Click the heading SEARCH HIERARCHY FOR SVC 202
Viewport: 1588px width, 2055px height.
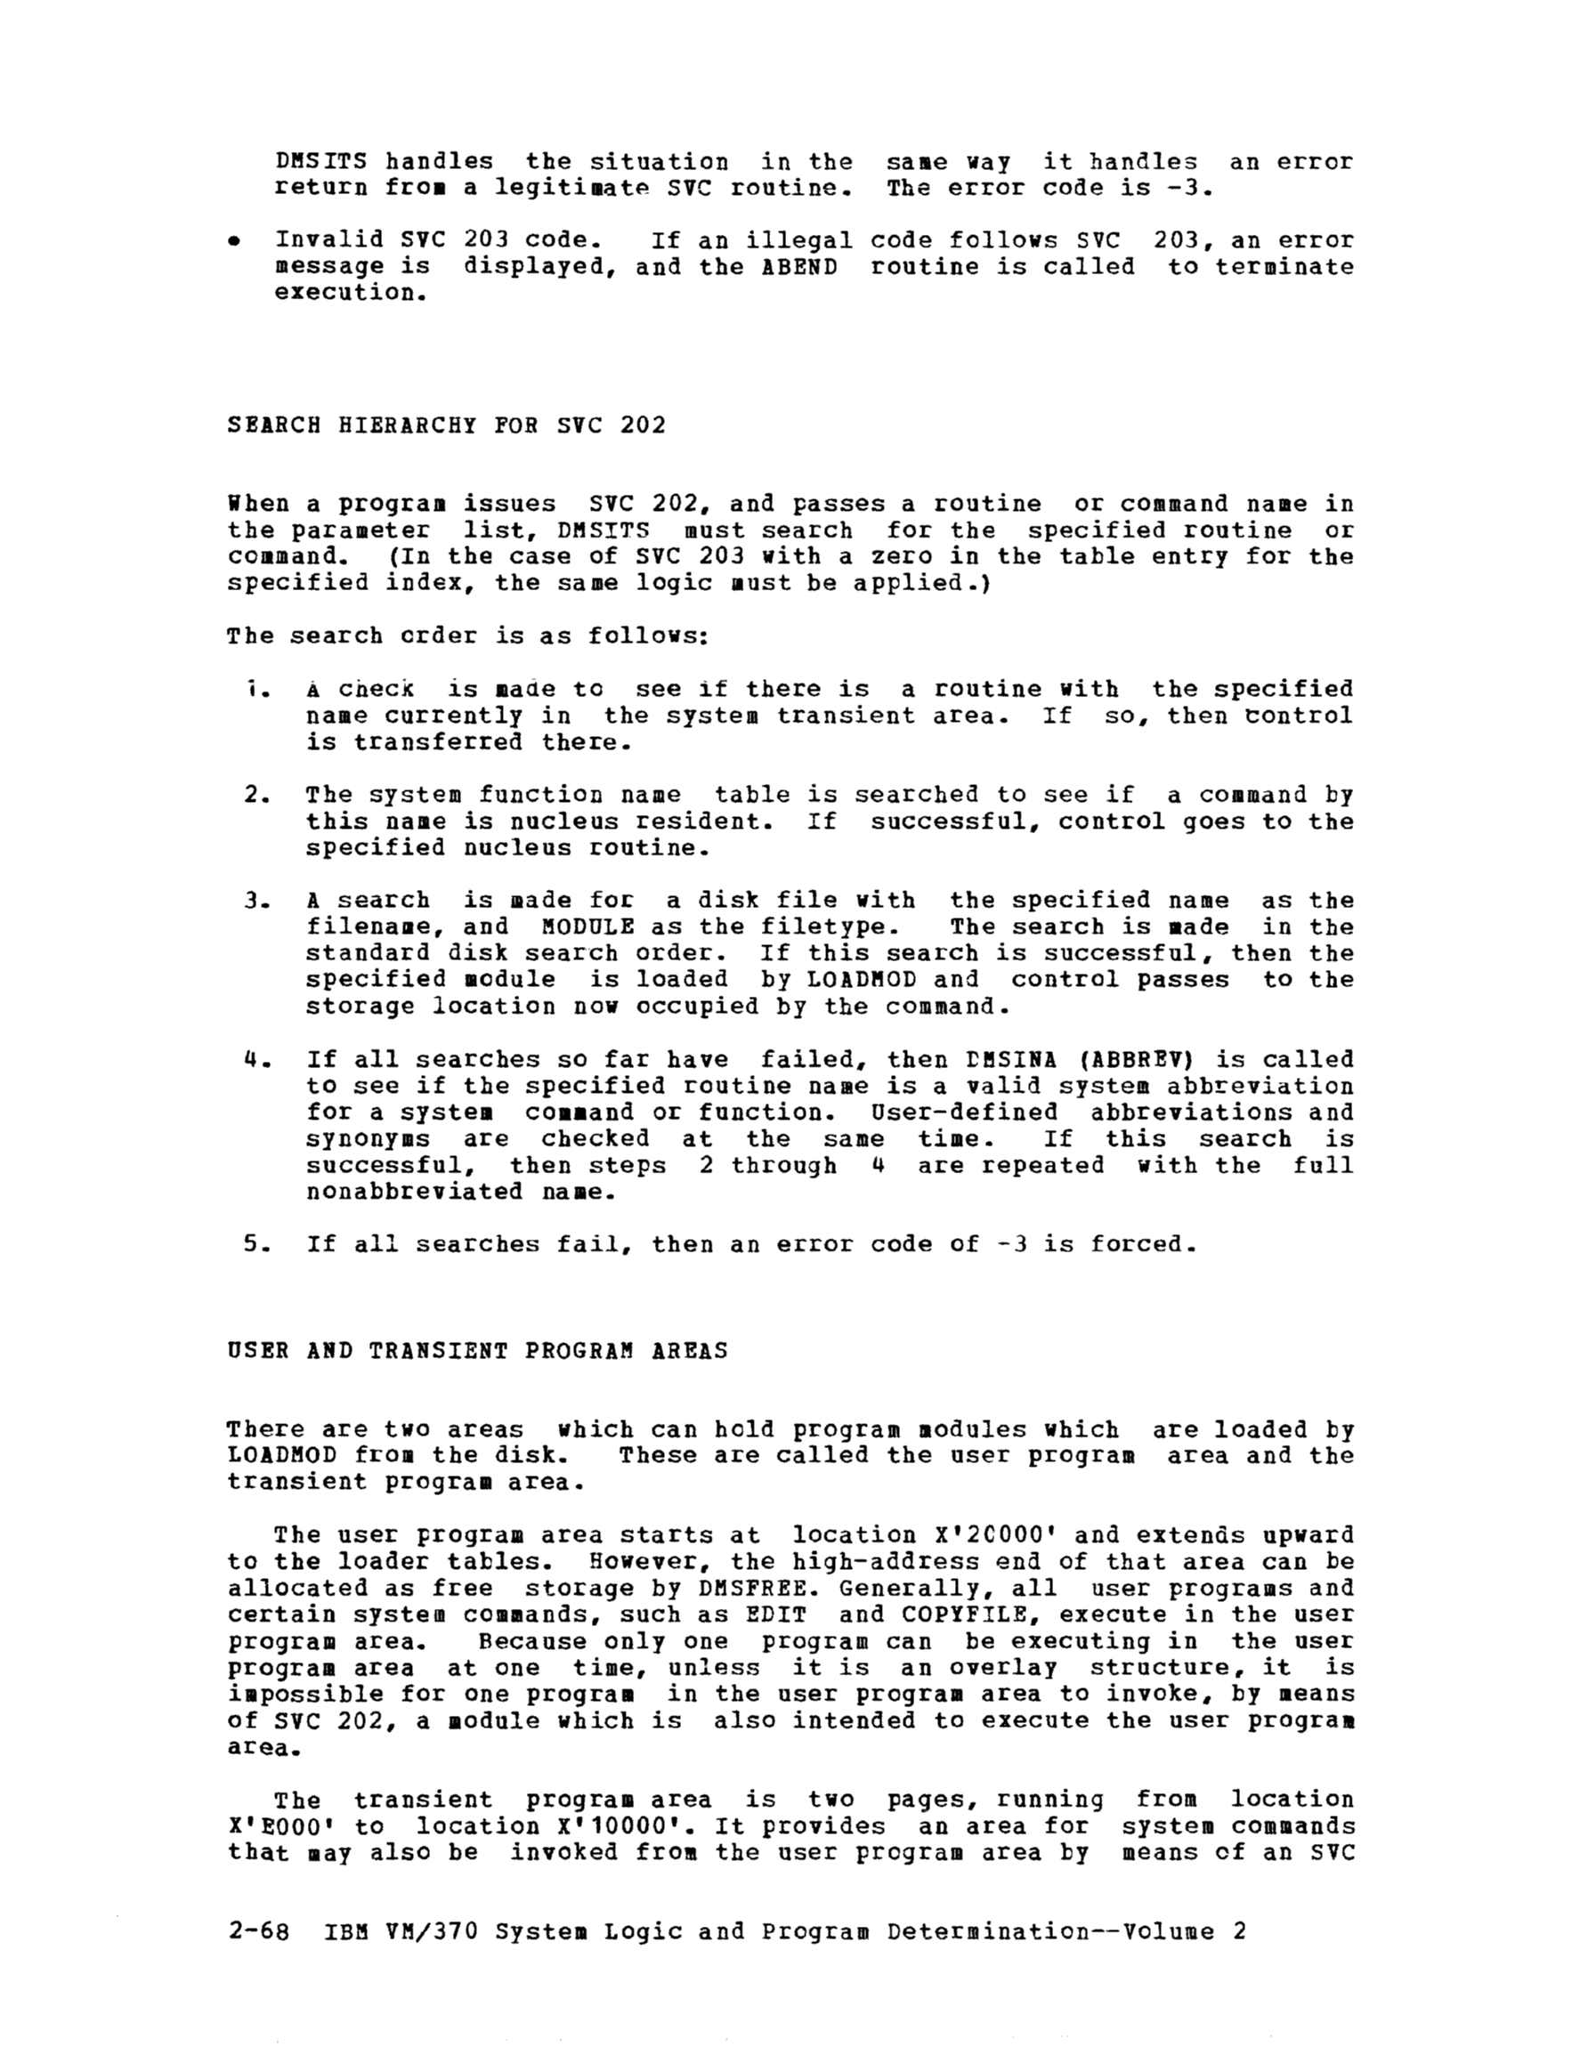446,425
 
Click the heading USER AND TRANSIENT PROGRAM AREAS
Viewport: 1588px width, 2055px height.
477,1351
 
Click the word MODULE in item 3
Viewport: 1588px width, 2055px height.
588,926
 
